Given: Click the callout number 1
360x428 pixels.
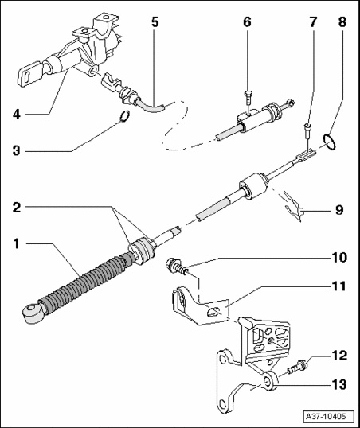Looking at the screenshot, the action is pyautogui.click(x=17, y=243).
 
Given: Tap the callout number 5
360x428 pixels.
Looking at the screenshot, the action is pyautogui.click(x=155, y=22).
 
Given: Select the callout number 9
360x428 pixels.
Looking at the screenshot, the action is pyautogui.click(x=339, y=210).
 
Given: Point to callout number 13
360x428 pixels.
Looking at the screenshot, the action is pyautogui.click(x=339, y=384).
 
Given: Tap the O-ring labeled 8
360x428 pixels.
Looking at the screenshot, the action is pyautogui.click(x=329, y=142).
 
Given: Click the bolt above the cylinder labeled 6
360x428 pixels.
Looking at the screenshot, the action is pyautogui.click(x=248, y=98).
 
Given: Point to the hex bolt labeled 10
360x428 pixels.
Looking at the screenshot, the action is pyautogui.click(x=177, y=267).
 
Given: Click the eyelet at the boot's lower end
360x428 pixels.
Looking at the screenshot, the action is pyautogui.click(x=32, y=313).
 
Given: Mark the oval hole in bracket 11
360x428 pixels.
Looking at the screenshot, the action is pyautogui.click(x=213, y=311).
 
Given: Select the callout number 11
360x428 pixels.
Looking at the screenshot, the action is pyautogui.click(x=339, y=286).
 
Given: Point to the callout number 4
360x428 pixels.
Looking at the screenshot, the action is pyautogui.click(x=17, y=115).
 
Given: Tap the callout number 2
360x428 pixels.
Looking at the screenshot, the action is pyautogui.click(x=17, y=208).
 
